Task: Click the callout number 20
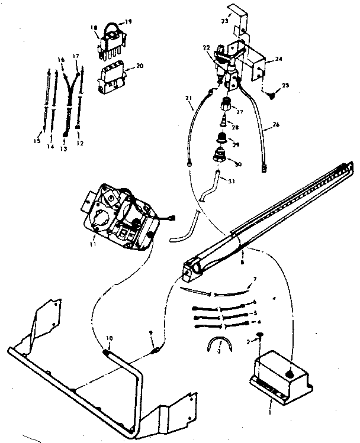pos(140,66)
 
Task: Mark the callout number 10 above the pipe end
pos(109,338)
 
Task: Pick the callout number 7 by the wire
pos(255,279)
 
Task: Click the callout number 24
pos(278,59)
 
